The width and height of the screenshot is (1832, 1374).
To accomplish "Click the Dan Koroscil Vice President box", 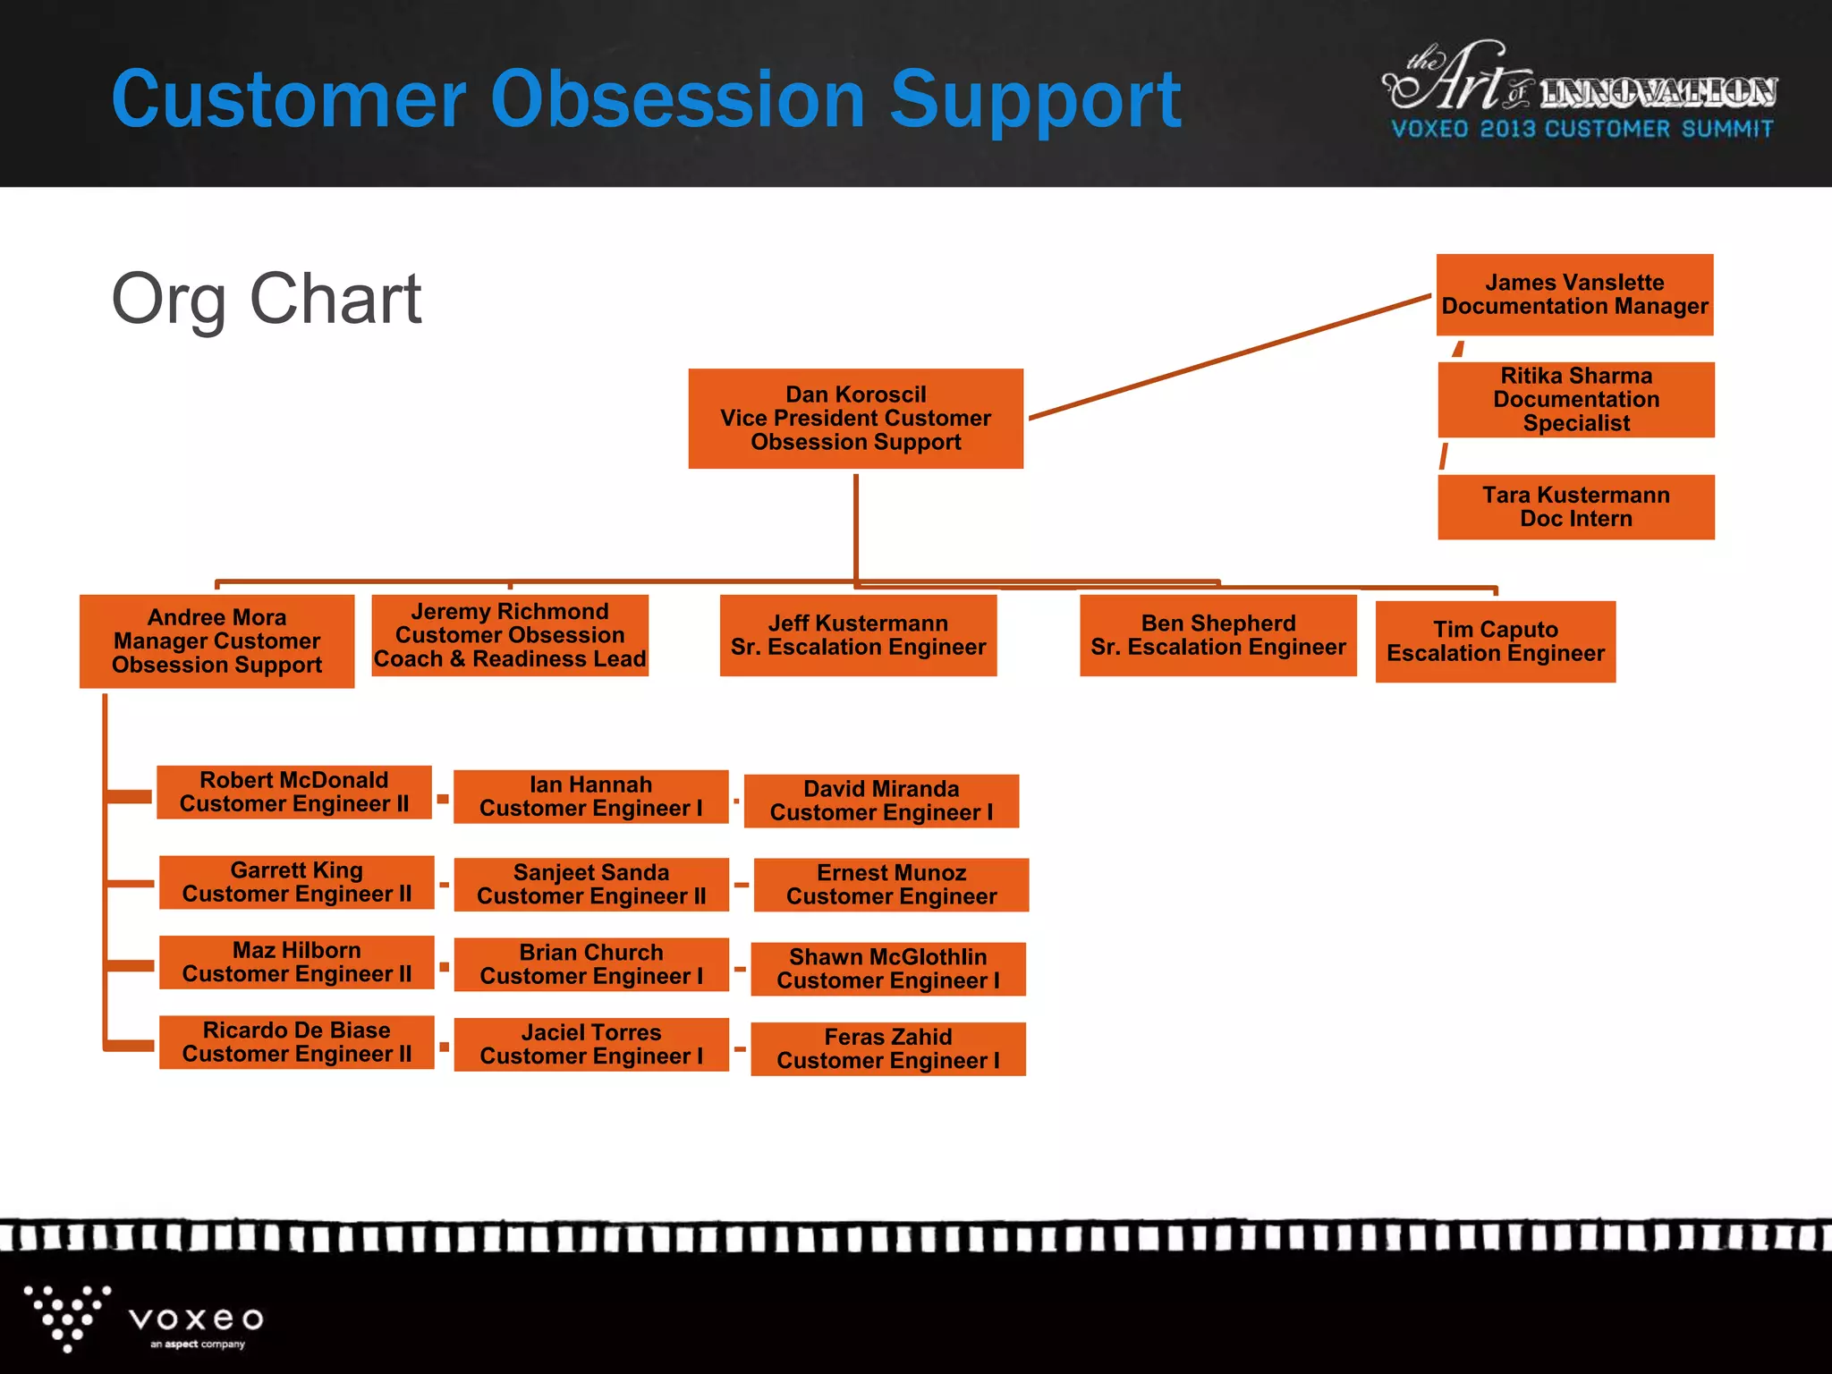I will point(855,419).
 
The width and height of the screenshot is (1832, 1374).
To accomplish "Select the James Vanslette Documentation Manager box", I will point(1574,295).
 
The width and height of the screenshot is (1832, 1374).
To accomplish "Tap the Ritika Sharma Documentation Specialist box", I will point(1575,400).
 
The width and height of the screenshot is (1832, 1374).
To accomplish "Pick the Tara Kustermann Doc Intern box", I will point(1575,507).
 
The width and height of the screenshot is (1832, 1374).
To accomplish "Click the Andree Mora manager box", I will point(216,641).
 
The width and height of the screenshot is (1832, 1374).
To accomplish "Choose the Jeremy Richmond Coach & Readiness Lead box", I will point(509,636).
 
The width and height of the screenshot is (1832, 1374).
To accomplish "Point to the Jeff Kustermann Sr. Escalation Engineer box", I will point(858,636).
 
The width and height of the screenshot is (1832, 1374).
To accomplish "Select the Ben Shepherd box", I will point(1217,636).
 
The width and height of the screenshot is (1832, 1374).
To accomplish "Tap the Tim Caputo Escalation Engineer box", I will point(1495,642).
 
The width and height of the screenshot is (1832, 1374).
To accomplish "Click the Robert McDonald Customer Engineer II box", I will point(294,793).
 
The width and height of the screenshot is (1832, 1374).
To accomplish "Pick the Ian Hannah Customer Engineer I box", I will point(590,797).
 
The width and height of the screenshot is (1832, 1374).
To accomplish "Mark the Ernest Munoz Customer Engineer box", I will point(891,886).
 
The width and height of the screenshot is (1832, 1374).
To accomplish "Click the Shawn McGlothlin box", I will point(887,970).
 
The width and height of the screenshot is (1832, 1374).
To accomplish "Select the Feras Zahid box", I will point(887,1049).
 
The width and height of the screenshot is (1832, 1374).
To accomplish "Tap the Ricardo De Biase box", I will point(296,1043).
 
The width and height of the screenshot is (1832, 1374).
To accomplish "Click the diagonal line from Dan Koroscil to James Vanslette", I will point(1230,357).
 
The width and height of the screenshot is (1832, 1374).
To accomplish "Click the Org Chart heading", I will point(266,299).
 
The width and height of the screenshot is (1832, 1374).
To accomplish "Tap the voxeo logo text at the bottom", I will point(196,1319).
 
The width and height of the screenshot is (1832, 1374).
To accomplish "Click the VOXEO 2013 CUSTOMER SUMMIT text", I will point(1582,130).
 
